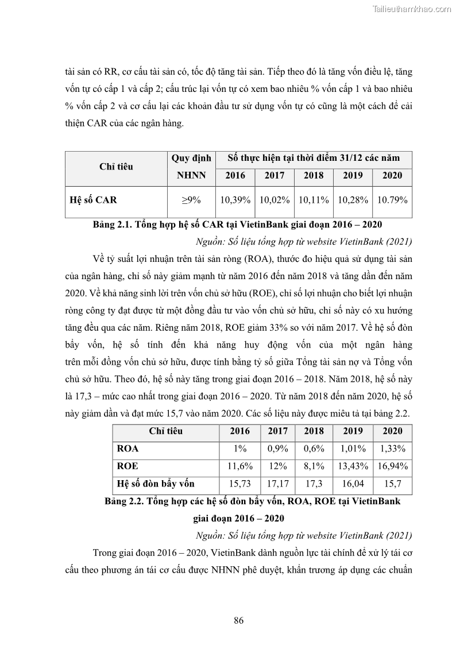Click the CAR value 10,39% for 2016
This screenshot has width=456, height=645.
click(x=235, y=200)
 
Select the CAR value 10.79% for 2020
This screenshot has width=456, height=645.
click(x=392, y=200)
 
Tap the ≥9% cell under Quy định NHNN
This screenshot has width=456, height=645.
click(x=191, y=200)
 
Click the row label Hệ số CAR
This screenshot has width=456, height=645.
click(x=93, y=200)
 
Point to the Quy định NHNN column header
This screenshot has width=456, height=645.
click(x=191, y=167)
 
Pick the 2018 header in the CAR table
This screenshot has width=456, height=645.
click(x=314, y=176)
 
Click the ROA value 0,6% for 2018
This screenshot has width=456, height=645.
click(x=314, y=449)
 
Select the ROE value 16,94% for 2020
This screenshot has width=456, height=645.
click(x=393, y=466)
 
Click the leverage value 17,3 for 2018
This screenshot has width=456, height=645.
click(x=314, y=484)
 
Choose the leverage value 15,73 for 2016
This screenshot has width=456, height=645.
click(x=239, y=484)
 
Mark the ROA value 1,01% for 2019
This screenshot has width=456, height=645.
click(x=353, y=449)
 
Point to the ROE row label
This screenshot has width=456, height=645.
click(x=127, y=466)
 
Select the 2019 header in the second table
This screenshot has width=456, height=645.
click(x=353, y=431)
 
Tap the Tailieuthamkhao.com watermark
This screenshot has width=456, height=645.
click(x=412, y=9)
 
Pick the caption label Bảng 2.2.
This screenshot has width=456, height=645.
click(x=126, y=501)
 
